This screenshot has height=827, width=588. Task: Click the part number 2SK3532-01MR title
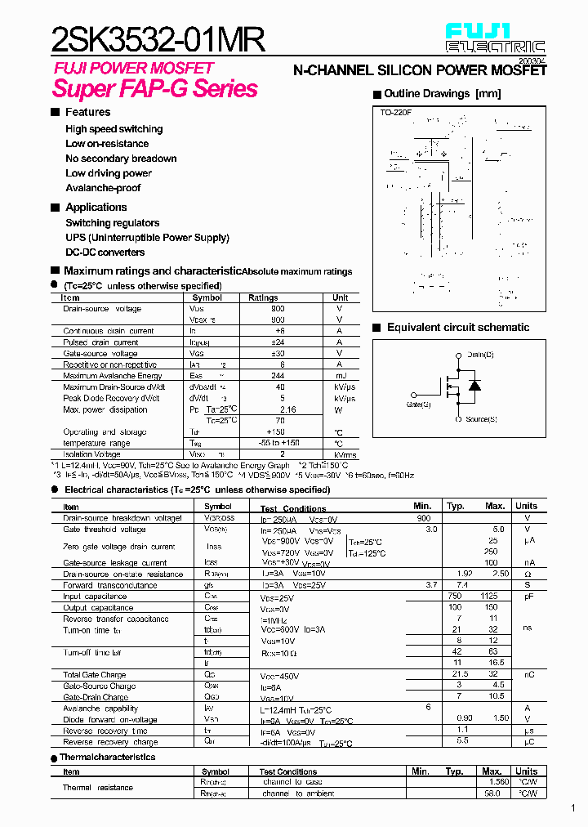pos(158,38)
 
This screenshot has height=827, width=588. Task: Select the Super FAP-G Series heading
pos(155,88)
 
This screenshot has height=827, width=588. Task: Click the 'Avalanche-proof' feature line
pos(103,188)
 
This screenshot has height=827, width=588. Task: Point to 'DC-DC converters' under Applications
pos(105,253)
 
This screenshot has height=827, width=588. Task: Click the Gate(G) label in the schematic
pos(419,404)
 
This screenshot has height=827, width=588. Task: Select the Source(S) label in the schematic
pos(481,418)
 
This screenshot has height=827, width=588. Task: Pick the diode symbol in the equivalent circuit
pos(473,384)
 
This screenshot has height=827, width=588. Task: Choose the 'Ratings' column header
pos(263,297)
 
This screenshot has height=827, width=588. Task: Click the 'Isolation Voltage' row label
pos(91,454)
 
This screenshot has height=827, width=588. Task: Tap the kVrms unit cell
pos(345,454)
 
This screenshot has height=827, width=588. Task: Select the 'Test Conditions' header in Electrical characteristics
pos(293,508)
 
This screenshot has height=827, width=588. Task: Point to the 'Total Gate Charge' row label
pos(95,675)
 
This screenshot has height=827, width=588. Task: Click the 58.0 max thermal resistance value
pos(492,793)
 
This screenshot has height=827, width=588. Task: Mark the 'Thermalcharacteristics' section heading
pos(107,758)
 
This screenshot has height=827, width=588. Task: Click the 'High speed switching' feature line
pos(114,129)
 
